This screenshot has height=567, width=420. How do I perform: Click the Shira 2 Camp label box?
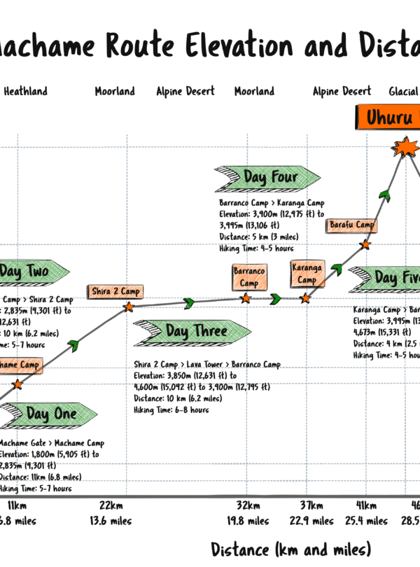[115, 290]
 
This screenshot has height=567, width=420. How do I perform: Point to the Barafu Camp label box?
[351, 225]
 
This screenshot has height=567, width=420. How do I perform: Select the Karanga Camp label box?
[307, 273]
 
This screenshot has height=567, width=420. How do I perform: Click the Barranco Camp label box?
[249, 276]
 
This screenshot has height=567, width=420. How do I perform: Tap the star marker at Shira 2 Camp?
[129, 307]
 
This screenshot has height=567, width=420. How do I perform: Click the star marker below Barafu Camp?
[365, 245]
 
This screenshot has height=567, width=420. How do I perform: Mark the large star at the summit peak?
[405, 148]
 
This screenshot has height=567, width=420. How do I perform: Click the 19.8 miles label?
[248, 521]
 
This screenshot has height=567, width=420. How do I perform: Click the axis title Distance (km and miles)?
[290, 548]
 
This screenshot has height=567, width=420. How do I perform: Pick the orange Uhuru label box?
[388, 116]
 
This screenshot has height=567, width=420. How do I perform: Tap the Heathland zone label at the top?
[26, 91]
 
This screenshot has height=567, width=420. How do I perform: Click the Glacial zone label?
[404, 91]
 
